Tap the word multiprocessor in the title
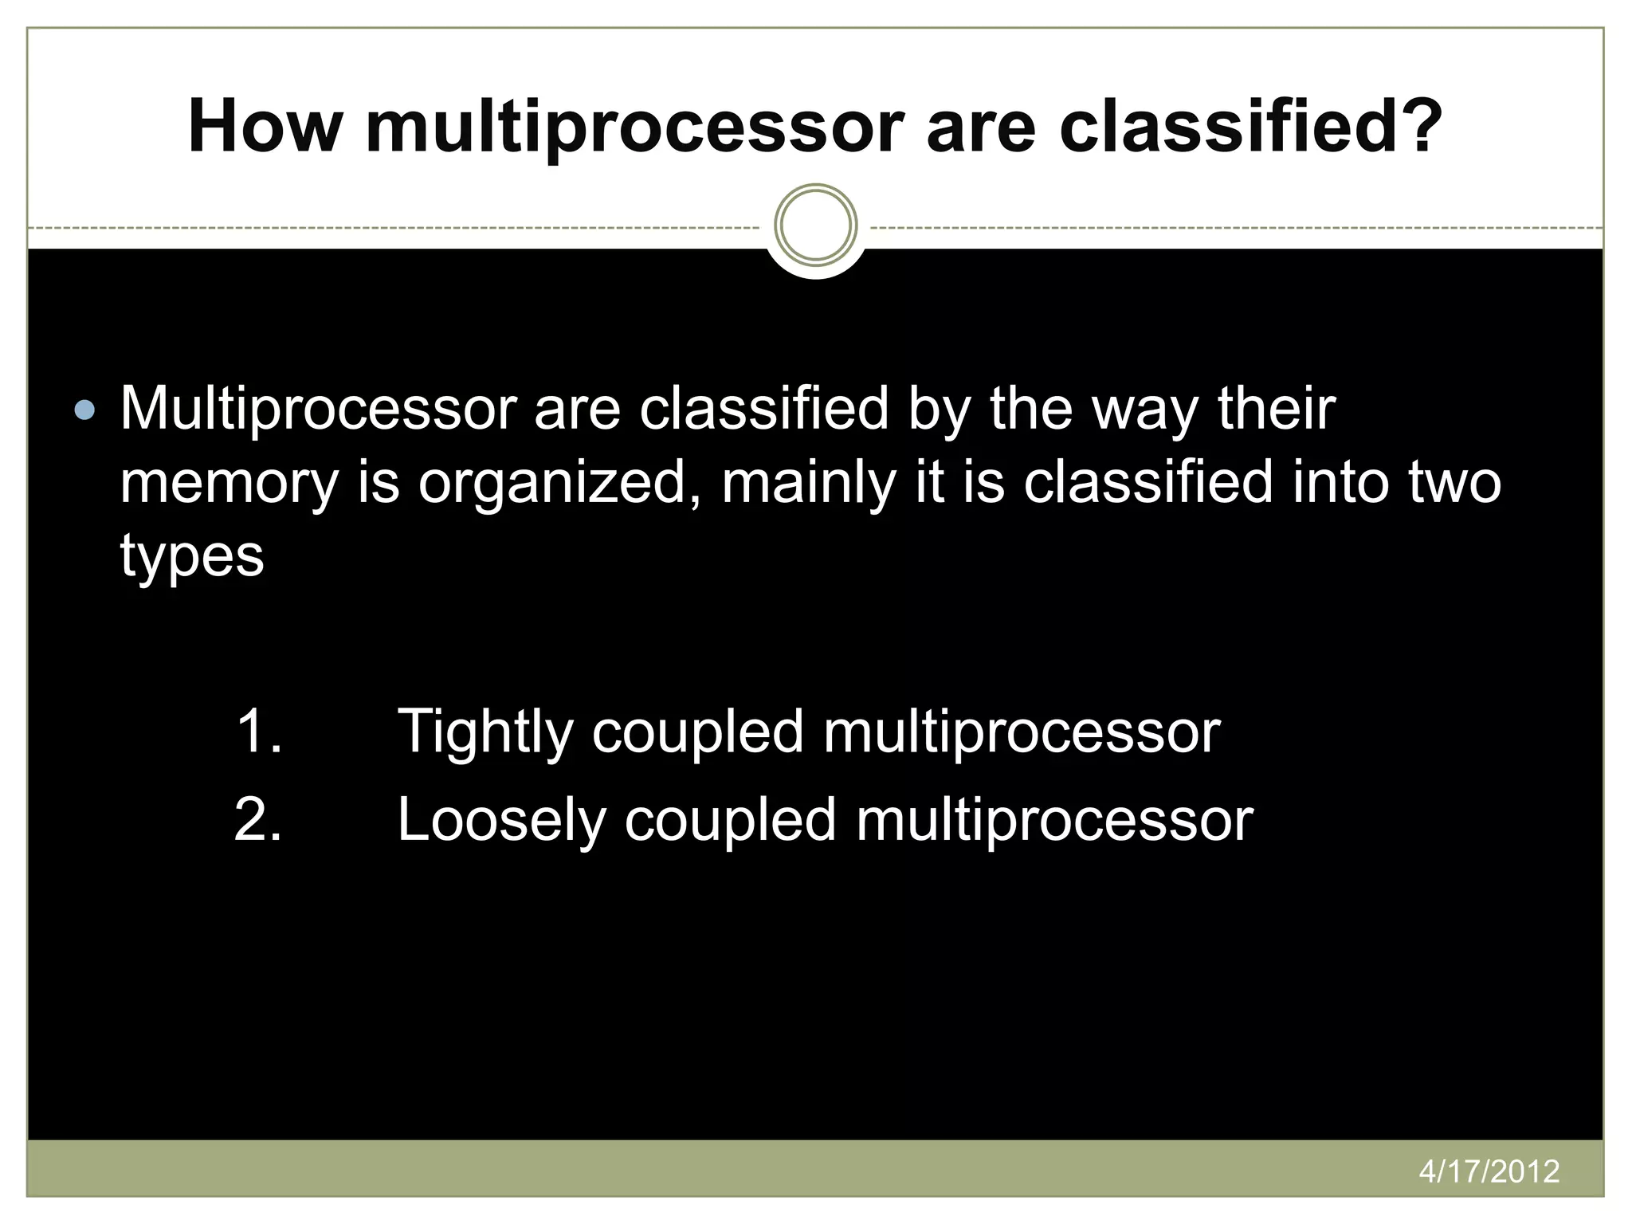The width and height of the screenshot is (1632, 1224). [634, 127]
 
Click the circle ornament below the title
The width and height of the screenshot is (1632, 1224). [815, 226]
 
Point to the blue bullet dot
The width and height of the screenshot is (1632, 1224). [84, 411]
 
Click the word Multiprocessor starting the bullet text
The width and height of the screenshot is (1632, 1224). [319, 410]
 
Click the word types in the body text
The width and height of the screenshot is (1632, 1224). [192, 557]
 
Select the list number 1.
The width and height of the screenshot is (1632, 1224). [259, 731]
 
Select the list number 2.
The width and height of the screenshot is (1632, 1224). [259, 820]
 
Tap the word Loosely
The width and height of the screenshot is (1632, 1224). [501, 820]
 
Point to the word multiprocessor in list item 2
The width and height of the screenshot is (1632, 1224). [1054, 820]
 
